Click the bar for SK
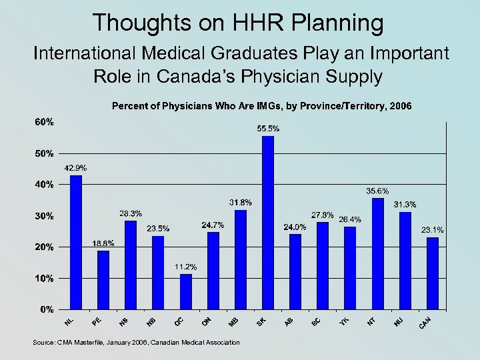tap(268, 223)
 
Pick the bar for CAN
tap(433, 273)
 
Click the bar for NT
tap(378, 253)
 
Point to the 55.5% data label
tap(268, 128)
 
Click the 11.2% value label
tap(186, 267)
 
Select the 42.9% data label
tap(75, 167)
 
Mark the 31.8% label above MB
tap(241, 202)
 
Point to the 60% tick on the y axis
tap(45, 123)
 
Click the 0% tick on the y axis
tap(47, 309)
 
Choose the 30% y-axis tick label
tap(45, 216)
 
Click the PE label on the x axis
tap(97, 322)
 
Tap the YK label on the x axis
tap(344, 322)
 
